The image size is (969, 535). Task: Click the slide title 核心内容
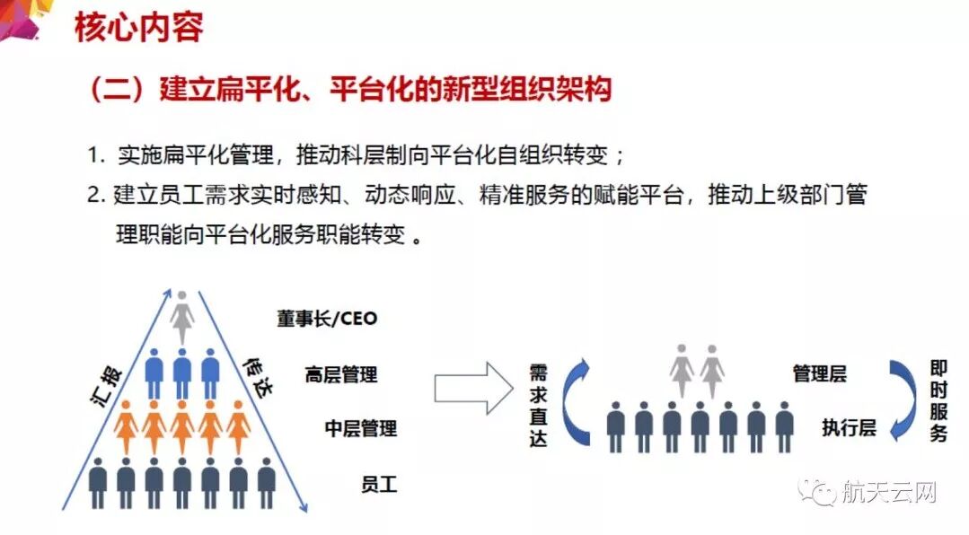pyautogui.click(x=138, y=27)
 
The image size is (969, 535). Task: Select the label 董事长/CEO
pyautogui.click(x=327, y=318)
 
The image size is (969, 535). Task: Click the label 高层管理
pyautogui.click(x=341, y=373)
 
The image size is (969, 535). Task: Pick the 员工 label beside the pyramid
pyautogui.click(x=378, y=486)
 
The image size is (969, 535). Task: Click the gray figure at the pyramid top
pyautogui.click(x=182, y=318)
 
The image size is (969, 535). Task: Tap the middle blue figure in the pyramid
pyautogui.click(x=182, y=372)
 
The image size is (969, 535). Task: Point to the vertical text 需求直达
pyautogui.click(x=538, y=406)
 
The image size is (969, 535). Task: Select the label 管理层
pyautogui.click(x=819, y=373)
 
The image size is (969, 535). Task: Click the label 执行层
pyautogui.click(x=848, y=427)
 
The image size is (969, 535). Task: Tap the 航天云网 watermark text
pyautogui.click(x=888, y=492)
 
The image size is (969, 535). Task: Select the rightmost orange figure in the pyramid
pyautogui.click(x=239, y=426)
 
